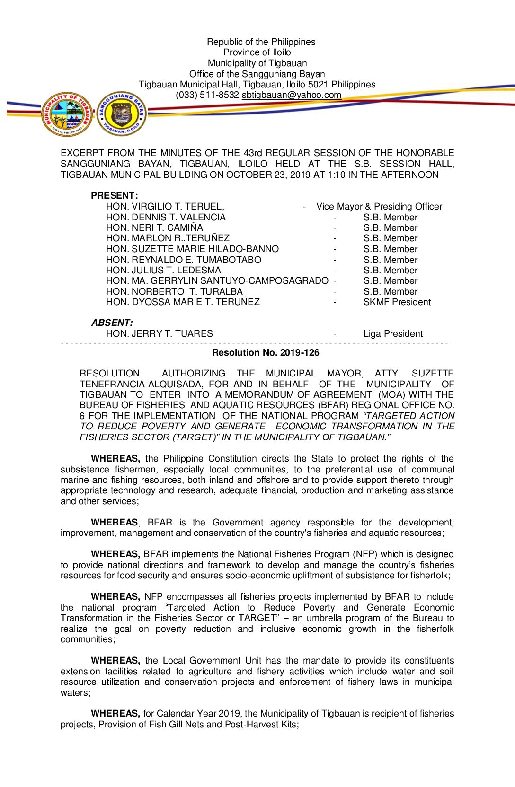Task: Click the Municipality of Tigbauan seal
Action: point(67,114)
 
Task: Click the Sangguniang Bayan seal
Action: point(122,114)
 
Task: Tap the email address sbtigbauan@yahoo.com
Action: point(291,95)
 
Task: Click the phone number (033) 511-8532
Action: point(207,95)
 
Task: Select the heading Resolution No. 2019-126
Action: point(266,353)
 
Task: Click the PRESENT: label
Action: point(115,196)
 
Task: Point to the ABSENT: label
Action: point(112,323)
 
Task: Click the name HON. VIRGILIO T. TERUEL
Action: point(165,207)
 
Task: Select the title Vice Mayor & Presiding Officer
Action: point(379,207)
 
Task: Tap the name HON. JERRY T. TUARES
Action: point(160,334)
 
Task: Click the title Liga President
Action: point(393,334)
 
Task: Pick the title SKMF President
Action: point(397,302)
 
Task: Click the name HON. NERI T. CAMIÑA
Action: point(154,228)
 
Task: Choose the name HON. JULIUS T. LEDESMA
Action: point(163,271)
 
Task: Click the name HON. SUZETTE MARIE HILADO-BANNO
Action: point(192,249)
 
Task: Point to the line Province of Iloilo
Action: point(257,52)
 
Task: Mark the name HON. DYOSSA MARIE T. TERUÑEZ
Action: point(183,302)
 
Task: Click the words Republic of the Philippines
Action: point(261,42)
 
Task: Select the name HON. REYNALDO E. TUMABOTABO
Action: point(184,260)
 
